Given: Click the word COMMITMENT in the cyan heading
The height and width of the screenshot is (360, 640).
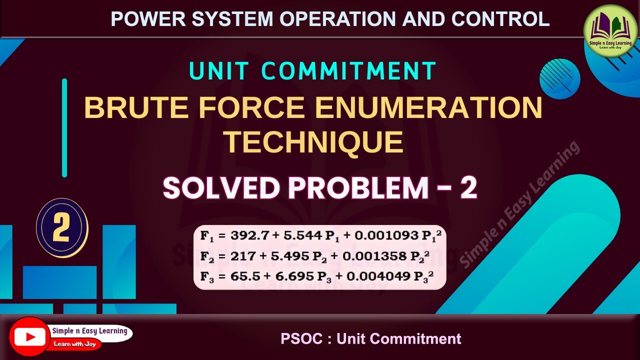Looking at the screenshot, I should [349, 71].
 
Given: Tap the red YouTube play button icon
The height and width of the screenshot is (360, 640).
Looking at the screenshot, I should [29, 337].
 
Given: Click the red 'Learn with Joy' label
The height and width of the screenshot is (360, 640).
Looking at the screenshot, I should [76, 344].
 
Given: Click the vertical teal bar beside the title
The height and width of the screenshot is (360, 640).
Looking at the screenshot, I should [64, 128].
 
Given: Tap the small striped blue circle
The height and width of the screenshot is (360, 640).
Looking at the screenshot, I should [560, 79].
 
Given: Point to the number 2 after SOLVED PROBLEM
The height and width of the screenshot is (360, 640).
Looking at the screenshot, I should [468, 188].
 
